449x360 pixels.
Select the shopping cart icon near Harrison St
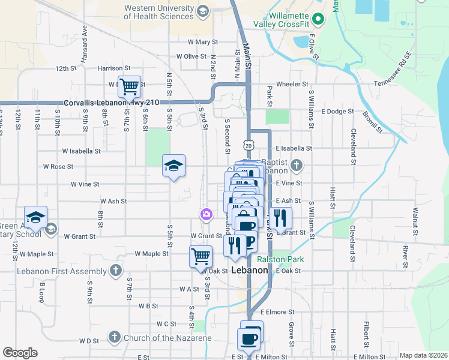[129, 87]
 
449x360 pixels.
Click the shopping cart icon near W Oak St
[201, 256]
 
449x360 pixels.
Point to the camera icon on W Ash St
[206, 214]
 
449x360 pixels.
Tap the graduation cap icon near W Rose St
[173, 166]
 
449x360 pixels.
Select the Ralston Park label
[280, 259]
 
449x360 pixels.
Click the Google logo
[20, 353]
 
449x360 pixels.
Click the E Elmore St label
[277, 312]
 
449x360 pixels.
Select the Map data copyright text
[424, 355]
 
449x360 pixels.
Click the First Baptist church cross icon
[295, 165]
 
